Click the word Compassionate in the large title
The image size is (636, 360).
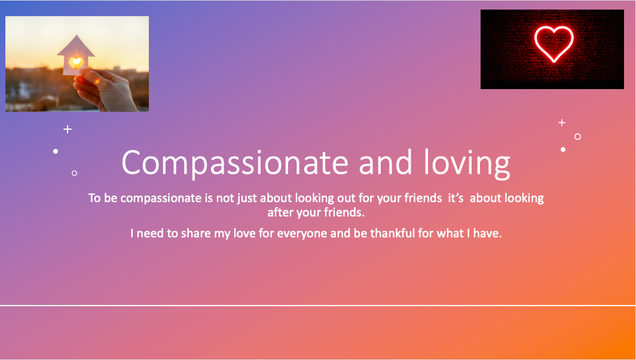click(x=235, y=163)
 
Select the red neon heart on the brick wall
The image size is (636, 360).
click(x=554, y=44)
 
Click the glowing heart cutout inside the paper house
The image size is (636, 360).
click(x=76, y=63)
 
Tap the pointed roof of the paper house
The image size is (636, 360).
click(x=76, y=45)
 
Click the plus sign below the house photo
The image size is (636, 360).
click(x=68, y=129)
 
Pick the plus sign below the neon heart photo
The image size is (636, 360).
click(x=562, y=122)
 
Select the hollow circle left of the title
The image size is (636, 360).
click(x=74, y=173)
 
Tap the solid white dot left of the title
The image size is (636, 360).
click(x=56, y=151)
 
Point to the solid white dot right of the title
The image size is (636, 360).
click(x=563, y=150)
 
